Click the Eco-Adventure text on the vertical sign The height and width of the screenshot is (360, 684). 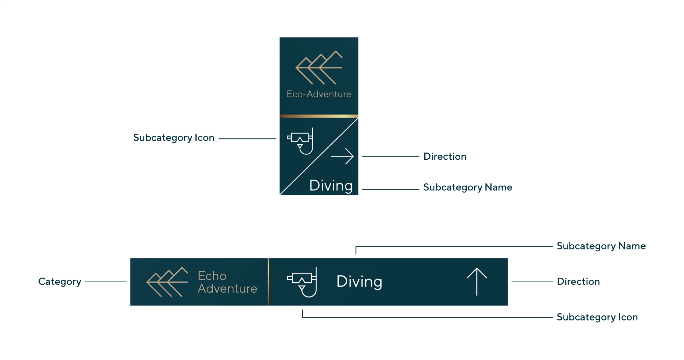319,94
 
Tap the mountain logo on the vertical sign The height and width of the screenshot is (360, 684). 319,68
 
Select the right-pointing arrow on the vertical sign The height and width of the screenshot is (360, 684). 342,156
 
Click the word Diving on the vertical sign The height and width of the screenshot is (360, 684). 331,186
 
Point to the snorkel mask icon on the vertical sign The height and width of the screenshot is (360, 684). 300,141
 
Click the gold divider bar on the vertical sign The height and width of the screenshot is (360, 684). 319,116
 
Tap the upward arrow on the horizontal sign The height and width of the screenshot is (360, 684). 477,282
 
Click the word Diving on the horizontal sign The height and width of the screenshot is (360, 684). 359,282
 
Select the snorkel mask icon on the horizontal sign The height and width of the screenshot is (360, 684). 302,282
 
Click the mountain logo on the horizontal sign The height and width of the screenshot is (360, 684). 167,282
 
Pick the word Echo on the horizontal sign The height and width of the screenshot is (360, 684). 212,276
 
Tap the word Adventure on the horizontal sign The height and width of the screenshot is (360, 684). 227,288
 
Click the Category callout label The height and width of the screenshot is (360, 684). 59,282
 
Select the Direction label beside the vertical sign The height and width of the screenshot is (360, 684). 445,156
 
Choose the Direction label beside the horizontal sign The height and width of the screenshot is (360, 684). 578,282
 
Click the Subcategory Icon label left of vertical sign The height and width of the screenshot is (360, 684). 173,138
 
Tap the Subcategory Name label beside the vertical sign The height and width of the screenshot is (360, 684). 467,187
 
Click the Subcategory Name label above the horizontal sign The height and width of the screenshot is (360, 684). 601,246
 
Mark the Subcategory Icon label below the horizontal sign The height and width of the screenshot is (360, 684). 597,317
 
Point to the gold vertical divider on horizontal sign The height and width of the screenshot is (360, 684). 269,282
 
